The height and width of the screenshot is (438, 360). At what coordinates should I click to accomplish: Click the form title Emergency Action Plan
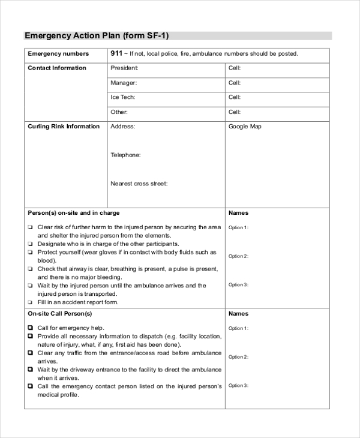tap(101, 35)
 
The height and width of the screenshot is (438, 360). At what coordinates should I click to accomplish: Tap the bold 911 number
tap(116, 53)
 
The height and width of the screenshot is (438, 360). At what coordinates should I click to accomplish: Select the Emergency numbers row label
tap(58, 54)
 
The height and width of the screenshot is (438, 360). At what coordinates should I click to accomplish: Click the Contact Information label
tap(57, 68)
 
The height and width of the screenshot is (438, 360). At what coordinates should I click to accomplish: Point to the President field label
tap(124, 68)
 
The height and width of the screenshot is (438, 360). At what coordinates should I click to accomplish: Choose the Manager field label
tap(124, 83)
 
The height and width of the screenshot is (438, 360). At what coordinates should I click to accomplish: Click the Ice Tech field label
tap(122, 97)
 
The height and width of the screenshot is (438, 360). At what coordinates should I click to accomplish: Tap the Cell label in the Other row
tap(235, 112)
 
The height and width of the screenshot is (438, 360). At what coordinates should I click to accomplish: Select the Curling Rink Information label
tap(64, 127)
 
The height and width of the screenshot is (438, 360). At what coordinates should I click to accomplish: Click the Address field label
tap(122, 127)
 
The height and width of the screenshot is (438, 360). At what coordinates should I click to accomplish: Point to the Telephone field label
tap(125, 155)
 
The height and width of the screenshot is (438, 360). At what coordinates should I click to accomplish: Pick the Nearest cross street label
tap(139, 184)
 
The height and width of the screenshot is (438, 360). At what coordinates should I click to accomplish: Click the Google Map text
tap(245, 127)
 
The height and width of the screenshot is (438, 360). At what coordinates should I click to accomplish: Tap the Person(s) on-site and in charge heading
tap(74, 213)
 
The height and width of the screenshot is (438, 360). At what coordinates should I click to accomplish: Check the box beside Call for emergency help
tap(30, 328)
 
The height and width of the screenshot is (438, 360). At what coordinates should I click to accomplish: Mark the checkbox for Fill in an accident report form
tap(30, 303)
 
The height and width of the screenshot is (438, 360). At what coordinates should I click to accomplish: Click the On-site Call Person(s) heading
tap(60, 314)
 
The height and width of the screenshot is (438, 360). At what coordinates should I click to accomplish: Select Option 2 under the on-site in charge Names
tap(238, 256)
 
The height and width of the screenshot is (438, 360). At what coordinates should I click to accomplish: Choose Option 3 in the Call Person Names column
tap(238, 386)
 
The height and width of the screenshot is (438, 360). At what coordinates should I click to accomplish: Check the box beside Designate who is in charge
tap(30, 245)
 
